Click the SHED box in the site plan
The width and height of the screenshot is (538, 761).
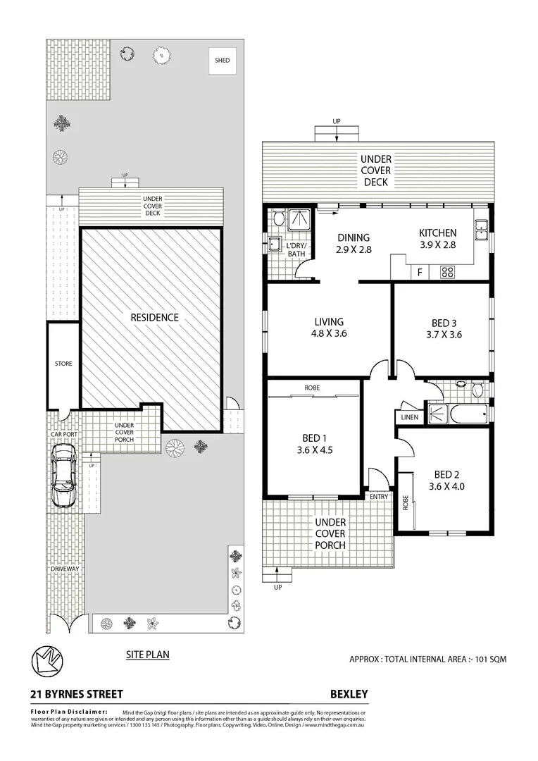[x=222, y=61]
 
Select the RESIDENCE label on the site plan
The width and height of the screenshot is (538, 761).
[x=154, y=318]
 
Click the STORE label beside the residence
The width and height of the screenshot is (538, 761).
[x=63, y=364]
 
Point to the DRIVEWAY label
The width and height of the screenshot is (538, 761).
[x=62, y=569]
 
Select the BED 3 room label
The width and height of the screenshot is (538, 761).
[x=445, y=329]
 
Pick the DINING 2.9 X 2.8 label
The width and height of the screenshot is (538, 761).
[x=353, y=244]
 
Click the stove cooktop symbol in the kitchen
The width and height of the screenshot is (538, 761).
[x=447, y=271]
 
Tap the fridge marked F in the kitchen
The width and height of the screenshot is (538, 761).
[x=420, y=271]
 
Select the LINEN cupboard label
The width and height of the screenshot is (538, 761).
[x=410, y=417]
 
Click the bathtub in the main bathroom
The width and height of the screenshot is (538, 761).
[x=468, y=414]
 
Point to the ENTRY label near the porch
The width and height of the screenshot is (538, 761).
[x=379, y=497]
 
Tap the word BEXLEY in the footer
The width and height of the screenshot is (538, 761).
[x=349, y=694]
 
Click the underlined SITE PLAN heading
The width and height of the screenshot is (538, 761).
[x=148, y=655]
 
